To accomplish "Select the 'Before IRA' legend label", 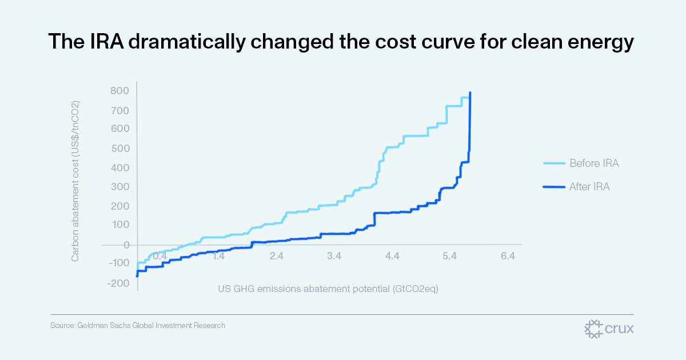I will click(x=594, y=163).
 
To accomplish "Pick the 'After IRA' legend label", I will click(x=589, y=186).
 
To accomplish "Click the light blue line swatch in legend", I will click(x=553, y=163).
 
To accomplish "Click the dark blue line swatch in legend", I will click(x=553, y=186).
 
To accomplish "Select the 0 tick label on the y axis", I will click(x=126, y=245).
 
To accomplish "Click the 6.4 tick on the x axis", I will click(x=508, y=256).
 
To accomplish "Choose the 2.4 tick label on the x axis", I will click(x=277, y=256).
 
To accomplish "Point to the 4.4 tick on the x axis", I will click(x=392, y=256).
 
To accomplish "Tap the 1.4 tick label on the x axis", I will click(x=219, y=256).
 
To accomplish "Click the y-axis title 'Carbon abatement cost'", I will click(x=75, y=182).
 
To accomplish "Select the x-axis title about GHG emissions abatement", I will click(x=328, y=289).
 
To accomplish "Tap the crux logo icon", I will click(x=594, y=329).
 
